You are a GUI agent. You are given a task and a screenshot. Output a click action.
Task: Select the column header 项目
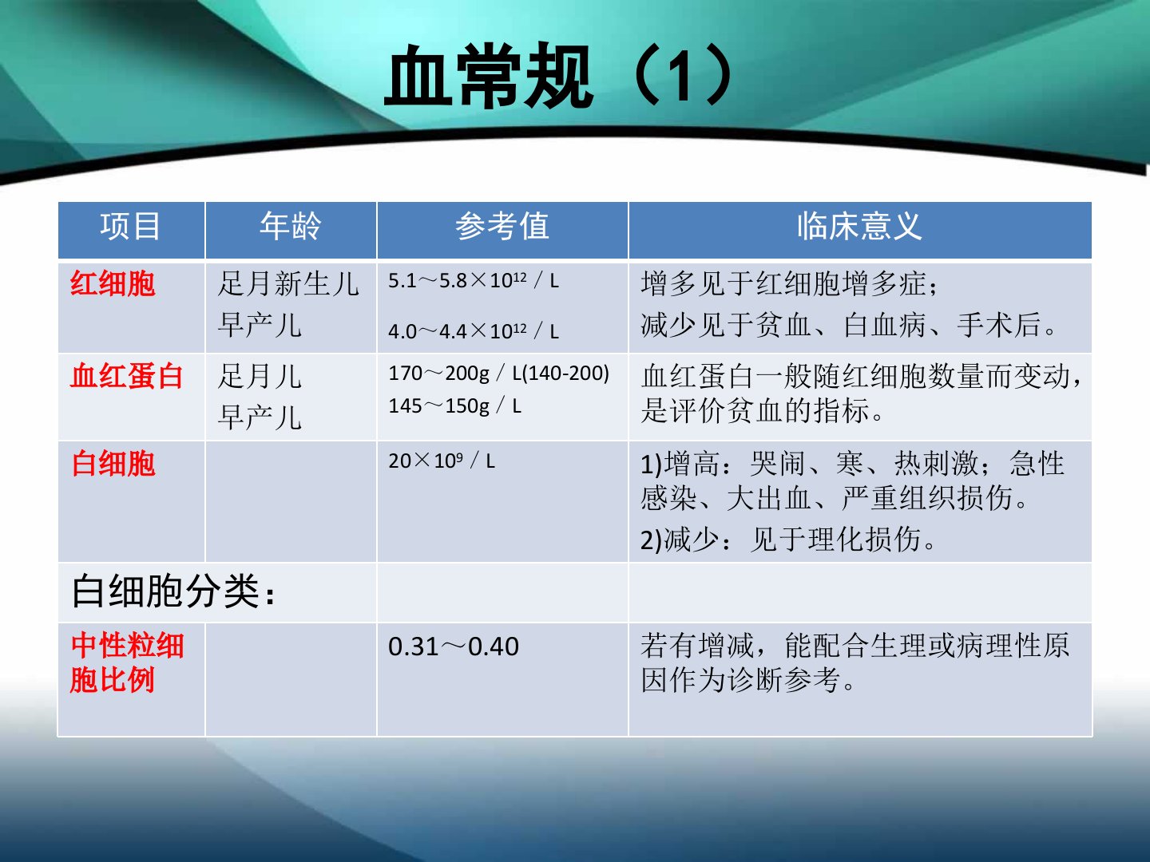(130, 227)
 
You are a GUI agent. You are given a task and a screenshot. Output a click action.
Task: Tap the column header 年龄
(291, 227)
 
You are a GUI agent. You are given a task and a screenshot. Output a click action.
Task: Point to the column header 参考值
(502, 227)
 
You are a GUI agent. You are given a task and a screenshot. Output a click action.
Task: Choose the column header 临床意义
(859, 227)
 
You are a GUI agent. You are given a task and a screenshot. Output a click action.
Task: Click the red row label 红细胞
(113, 283)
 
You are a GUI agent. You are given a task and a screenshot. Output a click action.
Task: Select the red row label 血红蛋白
(127, 376)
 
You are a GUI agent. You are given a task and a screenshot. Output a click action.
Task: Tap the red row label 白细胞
(113, 464)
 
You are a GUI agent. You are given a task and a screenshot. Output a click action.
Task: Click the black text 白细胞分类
(172, 591)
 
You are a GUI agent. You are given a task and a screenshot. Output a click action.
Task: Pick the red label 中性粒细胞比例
(127, 662)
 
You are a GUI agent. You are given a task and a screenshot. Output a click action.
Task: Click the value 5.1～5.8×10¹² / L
(474, 281)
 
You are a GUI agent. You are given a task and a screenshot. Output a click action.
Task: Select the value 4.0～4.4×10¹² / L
(474, 331)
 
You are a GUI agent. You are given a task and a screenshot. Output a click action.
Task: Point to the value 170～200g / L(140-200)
(499, 374)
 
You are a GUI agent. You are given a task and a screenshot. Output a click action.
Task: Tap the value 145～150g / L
(454, 405)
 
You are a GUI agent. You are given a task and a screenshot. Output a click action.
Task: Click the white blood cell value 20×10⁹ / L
(442, 461)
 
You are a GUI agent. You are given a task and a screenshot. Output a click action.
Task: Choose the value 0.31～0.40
(454, 646)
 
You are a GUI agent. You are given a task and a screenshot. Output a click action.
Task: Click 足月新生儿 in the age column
(288, 283)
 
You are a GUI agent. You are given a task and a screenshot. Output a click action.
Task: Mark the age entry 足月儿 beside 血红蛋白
(260, 377)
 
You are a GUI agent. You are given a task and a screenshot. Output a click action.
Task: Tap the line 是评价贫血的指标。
(762, 410)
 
